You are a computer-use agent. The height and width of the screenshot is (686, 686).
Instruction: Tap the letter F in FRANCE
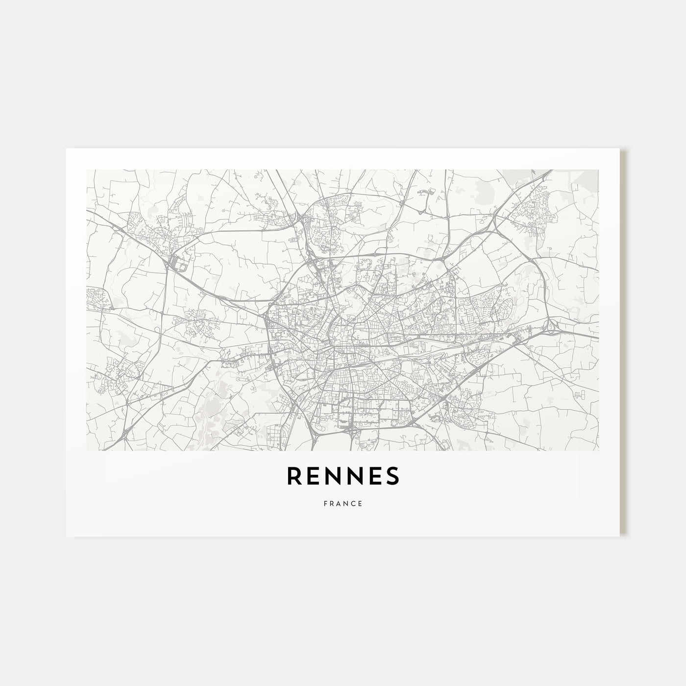[325, 503]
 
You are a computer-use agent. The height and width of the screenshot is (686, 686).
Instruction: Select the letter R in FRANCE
[332, 503]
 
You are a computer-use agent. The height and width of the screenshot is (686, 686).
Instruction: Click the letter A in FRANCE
[339, 503]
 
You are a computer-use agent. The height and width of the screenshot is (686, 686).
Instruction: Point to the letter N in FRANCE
[346, 503]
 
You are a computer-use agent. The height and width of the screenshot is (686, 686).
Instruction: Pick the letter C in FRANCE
[354, 503]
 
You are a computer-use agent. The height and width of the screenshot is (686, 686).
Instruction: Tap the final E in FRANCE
[361, 503]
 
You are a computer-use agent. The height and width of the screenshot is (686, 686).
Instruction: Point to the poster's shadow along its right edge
[623, 343]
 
